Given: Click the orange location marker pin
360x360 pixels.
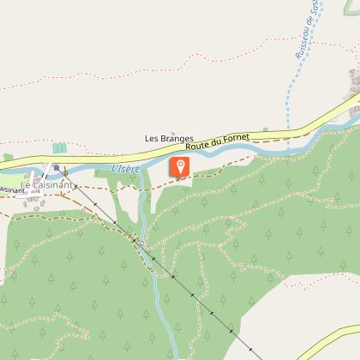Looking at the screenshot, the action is (x=180, y=166).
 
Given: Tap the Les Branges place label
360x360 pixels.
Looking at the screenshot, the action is (x=169, y=139).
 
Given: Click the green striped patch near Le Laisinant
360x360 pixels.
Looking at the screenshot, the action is (x=59, y=148).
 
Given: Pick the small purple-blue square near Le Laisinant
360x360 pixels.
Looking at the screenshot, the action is (x=57, y=168).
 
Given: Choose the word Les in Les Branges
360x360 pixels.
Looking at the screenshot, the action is (x=153, y=139).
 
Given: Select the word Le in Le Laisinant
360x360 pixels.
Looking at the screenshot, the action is (x=26, y=185).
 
